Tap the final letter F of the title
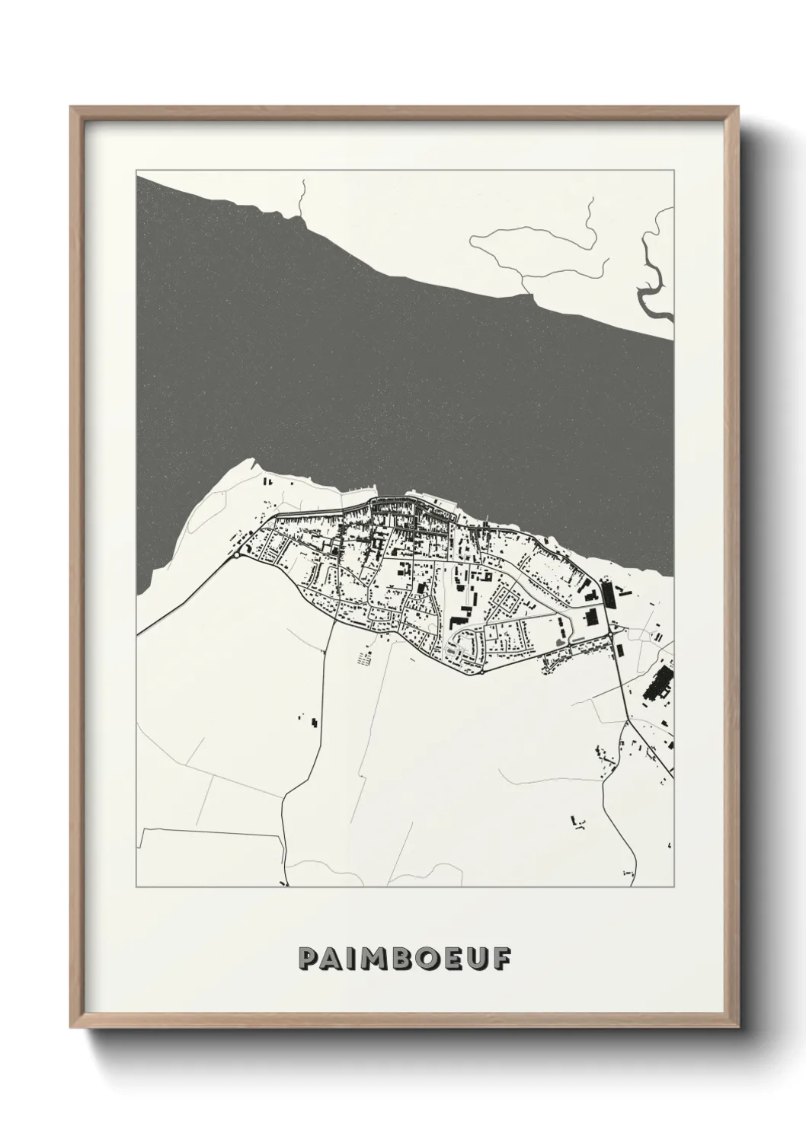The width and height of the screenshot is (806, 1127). [x=499, y=959]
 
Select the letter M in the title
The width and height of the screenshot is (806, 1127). [x=372, y=959]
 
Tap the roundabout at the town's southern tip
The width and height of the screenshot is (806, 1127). [x=482, y=673]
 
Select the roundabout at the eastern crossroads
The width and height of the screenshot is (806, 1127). [x=612, y=629]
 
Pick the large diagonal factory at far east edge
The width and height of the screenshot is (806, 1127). [x=656, y=683]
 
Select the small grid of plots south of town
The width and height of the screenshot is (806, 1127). [x=363, y=656]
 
